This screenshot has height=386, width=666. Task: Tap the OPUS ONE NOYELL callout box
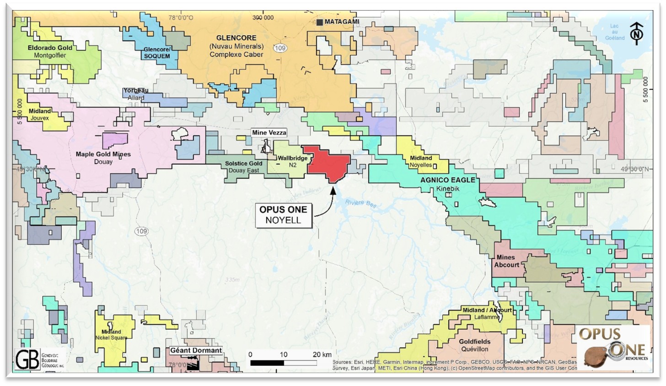point(283,215)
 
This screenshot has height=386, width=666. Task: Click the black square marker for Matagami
point(320,22)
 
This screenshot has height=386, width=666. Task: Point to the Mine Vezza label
point(269,132)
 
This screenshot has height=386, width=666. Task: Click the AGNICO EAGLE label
point(448,180)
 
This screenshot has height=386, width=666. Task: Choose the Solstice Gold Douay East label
point(243,167)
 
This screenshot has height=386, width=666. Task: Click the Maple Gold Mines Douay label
point(103,158)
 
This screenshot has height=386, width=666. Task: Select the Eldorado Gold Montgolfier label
point(50,51)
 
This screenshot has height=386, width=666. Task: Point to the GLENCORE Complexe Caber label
point(236,46)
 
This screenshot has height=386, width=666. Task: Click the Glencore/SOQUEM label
point(157,53)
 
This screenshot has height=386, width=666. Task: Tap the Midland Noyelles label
point(420,161)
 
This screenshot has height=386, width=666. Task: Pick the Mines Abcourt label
point(506,261)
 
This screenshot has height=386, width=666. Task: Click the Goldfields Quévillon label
point(474,345)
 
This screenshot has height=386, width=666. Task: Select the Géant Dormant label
point(196,350)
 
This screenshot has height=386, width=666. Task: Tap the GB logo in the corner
point(27,359)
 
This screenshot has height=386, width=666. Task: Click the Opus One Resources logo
point(612,346)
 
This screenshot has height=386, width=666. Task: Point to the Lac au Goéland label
point(614,32)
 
